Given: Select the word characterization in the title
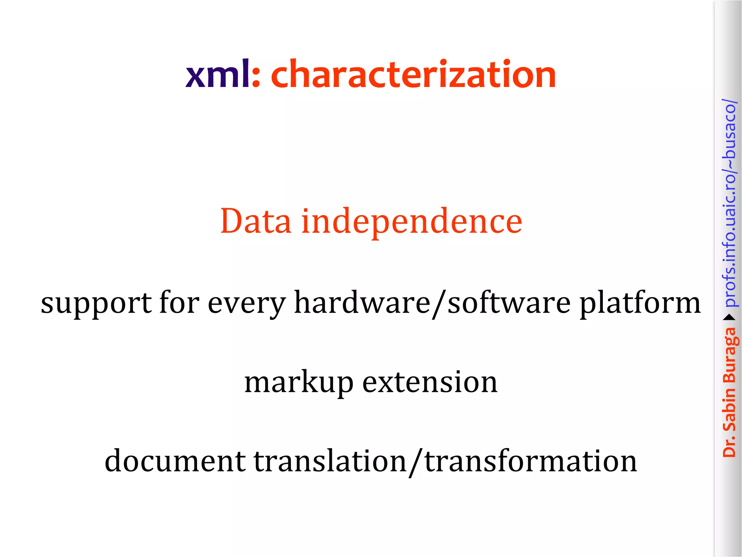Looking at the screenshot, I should coord(413,75).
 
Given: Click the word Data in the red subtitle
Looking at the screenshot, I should coord(256,221).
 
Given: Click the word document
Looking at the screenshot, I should coord(175,461).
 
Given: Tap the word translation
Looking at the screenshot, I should coord(330,461).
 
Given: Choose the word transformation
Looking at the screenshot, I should coord(530,461).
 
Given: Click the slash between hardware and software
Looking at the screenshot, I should coord(439,304).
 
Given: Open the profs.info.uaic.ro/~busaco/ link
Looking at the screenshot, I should coord(730,203).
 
